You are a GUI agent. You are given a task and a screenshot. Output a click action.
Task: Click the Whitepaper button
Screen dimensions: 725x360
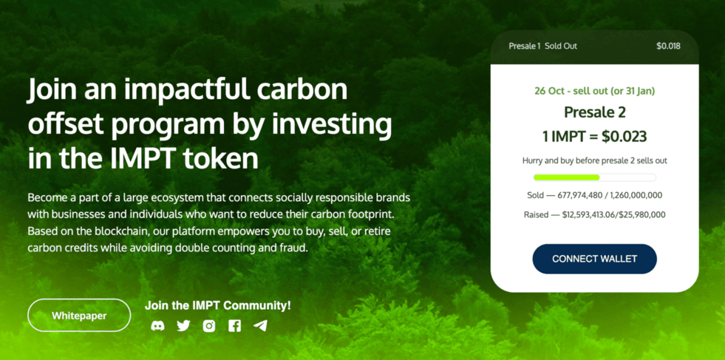[79, 315]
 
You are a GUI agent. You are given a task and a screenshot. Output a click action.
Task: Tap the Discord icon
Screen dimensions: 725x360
[157, 326]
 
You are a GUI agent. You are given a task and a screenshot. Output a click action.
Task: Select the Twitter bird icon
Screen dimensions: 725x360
[183, 326]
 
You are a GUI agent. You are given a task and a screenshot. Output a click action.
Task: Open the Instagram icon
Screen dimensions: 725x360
[209, 326]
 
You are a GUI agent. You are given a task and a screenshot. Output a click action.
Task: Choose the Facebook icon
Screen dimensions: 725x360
[234, 326]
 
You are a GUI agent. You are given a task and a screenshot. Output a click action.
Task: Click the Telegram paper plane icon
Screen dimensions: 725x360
[260, 326]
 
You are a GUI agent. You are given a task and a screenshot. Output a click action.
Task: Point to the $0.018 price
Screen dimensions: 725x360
[669, 46]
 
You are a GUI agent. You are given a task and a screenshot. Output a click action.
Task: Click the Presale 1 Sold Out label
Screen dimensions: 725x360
[542, 46]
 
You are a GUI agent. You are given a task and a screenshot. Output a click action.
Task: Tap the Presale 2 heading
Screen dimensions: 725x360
[595, 112]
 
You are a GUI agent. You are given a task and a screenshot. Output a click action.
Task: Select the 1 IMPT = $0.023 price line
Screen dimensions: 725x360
[595, 137]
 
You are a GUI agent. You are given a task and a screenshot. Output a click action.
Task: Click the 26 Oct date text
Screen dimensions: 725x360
[551, 91]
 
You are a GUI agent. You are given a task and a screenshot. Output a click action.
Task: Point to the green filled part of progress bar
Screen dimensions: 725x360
[566, 177]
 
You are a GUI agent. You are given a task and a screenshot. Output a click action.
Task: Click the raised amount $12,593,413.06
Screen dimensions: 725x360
[592, 214]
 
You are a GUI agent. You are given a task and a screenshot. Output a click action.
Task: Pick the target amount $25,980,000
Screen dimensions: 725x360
[644, 214]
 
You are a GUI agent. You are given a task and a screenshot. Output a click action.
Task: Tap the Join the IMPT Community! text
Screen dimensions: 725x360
[218, 305]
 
